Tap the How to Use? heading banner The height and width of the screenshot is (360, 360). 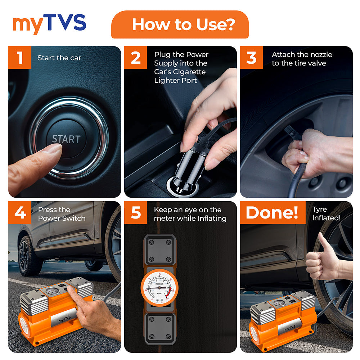[180, 24]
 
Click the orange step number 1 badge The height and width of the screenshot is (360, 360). [20, 58]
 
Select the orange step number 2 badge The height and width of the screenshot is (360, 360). [136, 58]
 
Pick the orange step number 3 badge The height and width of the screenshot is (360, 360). [252, 58]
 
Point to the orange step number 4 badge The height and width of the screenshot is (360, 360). [20, 213]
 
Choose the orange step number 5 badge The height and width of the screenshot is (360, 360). [136, 213]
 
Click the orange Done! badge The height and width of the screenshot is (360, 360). [272, 213]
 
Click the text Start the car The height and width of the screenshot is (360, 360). [59, 58]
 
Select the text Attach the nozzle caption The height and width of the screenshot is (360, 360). [302, 59]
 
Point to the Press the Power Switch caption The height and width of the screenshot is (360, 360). [62, 214]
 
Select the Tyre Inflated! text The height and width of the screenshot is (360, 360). [326, 214]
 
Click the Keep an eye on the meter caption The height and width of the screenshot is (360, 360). [190, 214]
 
